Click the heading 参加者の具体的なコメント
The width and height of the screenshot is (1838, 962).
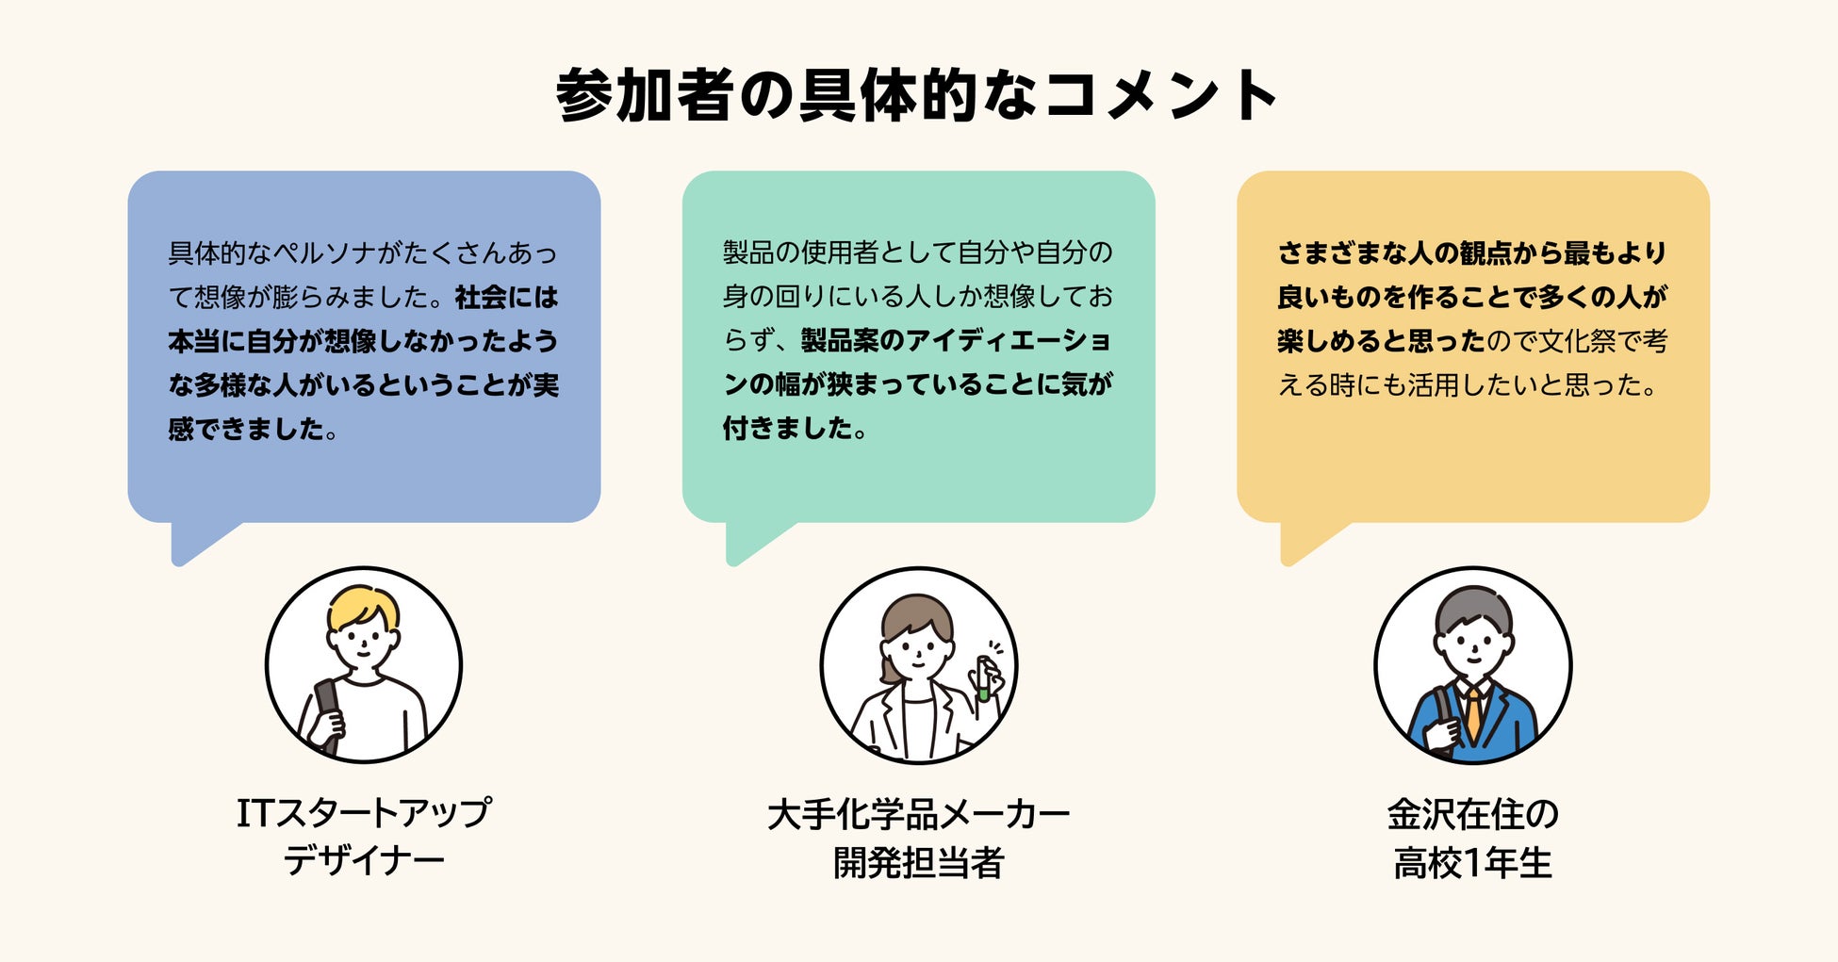coord(917,95)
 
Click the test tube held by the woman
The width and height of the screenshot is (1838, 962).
coord(983,679)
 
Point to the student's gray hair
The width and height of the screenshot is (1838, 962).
coord(1473,608)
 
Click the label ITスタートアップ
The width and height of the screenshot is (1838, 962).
coord(364,813)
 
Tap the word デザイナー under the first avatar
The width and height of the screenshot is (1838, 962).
coord(364,861)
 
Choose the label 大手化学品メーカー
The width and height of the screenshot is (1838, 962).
coord(918,815)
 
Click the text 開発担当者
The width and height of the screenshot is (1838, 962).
coord(918,862)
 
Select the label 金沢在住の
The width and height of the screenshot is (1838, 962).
coord(1472,815)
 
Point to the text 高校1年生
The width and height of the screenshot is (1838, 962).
coord(1472,862)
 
